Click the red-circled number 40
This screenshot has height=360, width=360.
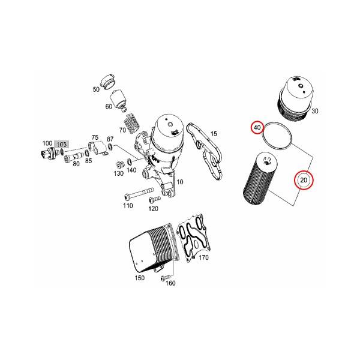click(257, 127)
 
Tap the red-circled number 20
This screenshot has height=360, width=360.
click(304, 180)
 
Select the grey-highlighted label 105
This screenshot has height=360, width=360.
click(61, 144)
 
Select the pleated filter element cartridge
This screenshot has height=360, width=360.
click(260, 178)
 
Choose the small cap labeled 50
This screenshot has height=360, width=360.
click(108, 82)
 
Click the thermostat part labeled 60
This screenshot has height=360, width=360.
click(119, 100)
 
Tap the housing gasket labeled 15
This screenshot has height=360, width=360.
click(204, 152)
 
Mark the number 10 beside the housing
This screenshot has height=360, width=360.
click(180, 182)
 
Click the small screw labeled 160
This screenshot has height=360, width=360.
click(166, 277)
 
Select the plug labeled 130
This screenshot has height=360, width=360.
click(120, 164)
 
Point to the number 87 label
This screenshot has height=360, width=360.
click(110, 139)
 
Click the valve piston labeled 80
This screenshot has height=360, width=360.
click(74, 158)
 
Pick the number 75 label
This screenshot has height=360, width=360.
click(95, 137)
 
